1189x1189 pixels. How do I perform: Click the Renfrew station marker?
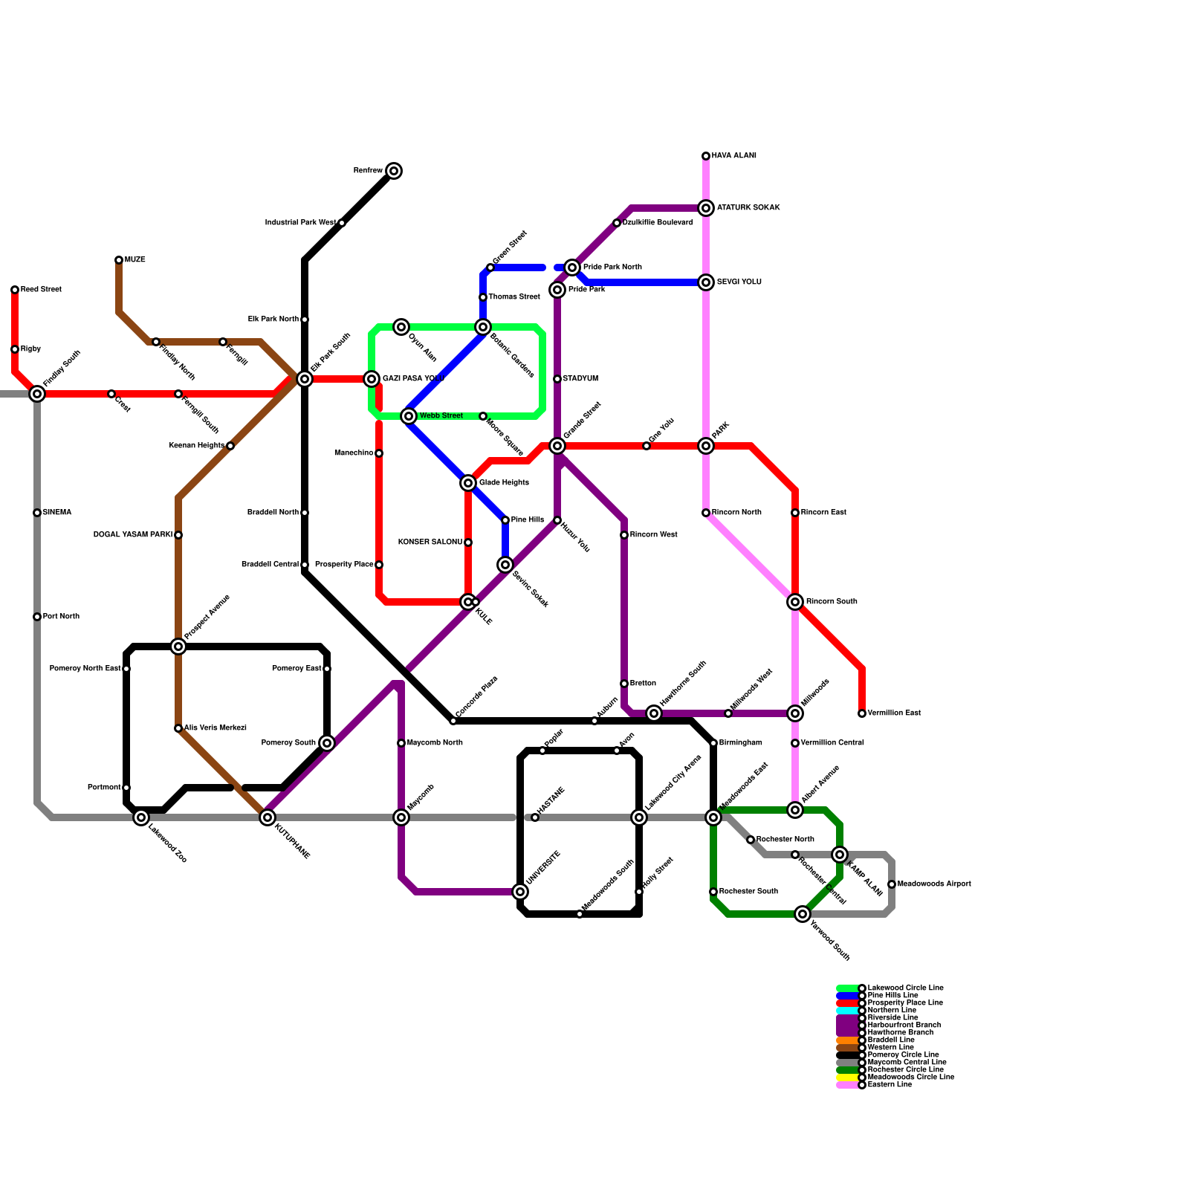pyautogui.click(x=394, y=171)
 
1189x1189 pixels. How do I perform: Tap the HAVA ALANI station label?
pyautogui.click(x=733, y=156)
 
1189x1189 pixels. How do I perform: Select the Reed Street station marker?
pyautogui.click(x=15, y=290)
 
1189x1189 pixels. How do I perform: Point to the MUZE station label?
pyautogui.click(x=135, y=260)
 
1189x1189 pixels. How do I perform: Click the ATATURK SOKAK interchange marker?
pyautogui.click(x=706, y=208)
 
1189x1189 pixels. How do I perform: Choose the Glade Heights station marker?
pyautogui.click(x=468, y=483)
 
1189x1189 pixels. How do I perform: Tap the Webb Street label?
pyautogui.click(x=441, y=416)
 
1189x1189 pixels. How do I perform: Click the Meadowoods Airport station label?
pyautogui.click(x=933, y=884)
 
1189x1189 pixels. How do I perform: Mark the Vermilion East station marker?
pyautogui.click(x=862, y=713)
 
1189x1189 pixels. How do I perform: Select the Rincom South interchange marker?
pyautogui.click(x=795, y=602)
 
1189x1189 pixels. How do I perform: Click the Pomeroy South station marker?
pyautogui.click(x=327, y=743)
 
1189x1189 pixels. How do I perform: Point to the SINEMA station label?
pyautogui.click(x=56, y=513)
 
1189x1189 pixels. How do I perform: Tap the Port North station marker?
pyautogui.click(x=37, y=617)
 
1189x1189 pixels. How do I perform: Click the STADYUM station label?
pyautogui.click(x=580, y=379)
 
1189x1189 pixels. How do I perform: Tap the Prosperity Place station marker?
pyautogui.click(x=379, y=565)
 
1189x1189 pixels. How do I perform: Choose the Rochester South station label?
pyautogui.click(x=748, y=892)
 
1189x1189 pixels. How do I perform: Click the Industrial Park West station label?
pyautogui.click(x=300, y=223)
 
